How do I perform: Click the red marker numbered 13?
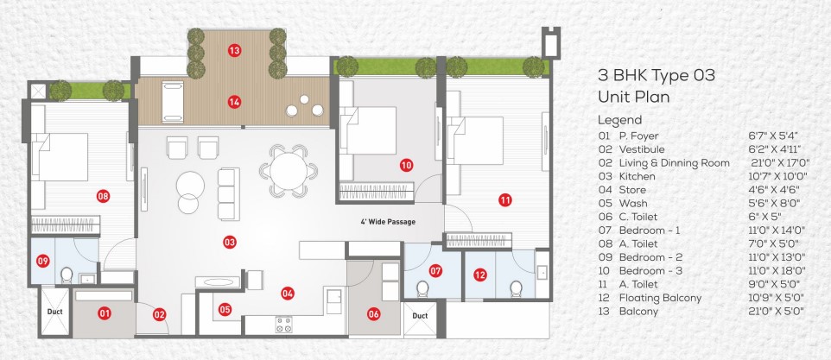(235, 51)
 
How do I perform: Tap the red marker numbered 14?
(234, 102)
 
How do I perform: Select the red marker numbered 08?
(104, 197)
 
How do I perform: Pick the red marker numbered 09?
(43, 261)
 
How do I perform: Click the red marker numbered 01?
(105, 314)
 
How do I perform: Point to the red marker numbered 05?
(225, 310)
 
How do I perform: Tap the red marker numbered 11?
(505, 200)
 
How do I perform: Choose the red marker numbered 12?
(480, 275)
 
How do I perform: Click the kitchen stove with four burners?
(283, 324)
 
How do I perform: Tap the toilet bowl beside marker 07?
(422, 288)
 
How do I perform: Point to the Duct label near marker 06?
(420, 316)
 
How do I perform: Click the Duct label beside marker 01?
(55, 312)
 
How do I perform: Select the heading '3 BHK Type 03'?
(657, 76)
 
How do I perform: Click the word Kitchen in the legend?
(637, 177)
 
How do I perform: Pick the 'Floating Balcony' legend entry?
(660, 298)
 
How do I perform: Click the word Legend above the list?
(619, 120)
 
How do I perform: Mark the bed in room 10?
(368, 130)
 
